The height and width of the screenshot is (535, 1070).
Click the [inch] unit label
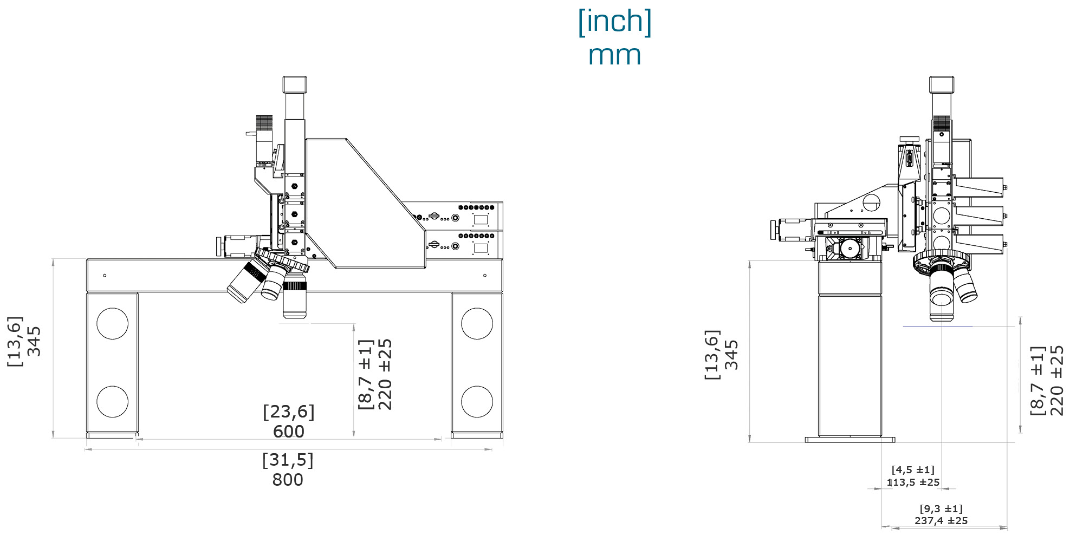tap(614, 22)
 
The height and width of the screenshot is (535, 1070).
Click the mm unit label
tap(614, 56)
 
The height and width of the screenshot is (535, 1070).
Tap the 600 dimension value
tap(288, 432)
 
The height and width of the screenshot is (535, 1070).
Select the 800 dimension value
tap(288, 480)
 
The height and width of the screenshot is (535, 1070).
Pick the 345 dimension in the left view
tap(34, 341)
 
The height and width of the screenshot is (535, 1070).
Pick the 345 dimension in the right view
tap(731, 355)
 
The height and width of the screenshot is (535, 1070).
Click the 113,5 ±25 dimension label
tap(913, 482)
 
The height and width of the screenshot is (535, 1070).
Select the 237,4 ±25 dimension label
tap(941, 520)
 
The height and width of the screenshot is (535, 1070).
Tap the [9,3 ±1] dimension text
tap(941, 508)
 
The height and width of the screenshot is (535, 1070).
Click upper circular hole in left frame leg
tap(112, 323)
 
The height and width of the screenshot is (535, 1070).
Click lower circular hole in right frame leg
tap(477, 401)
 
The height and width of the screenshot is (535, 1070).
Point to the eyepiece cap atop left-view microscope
tap(294, 84)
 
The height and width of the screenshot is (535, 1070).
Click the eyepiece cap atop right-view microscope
tap(942, 84)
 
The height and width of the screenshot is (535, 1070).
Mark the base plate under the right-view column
tap(849, 440)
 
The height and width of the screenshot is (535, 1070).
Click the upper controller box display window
tap(481, 219)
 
